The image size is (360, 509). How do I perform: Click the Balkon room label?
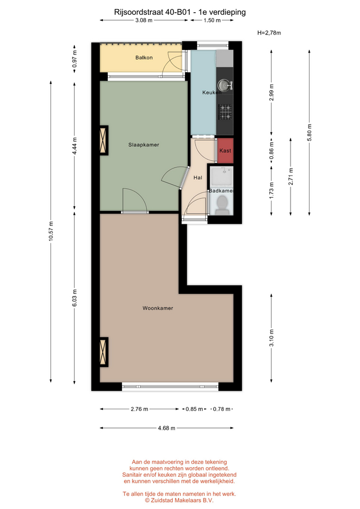(x=144, y=57)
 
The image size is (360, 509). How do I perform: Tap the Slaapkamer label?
(x=144, y=145)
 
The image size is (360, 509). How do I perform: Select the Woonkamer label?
(x=158, y=308)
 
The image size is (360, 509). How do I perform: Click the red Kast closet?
(x=225, y=151)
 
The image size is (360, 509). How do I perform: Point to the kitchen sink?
(x=224, y=85)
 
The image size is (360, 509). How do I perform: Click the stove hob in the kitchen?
(x=225, y=112)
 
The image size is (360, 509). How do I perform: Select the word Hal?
(x=198, y=178)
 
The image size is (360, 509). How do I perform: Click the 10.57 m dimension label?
(x=51, y=231)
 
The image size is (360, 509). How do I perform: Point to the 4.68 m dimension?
(x=166, y=428)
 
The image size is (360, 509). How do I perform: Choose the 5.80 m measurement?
(x=309, y=133)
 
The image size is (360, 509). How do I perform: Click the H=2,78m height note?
(x=269, y=33)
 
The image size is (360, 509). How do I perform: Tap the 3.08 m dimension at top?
(x=144, y=21)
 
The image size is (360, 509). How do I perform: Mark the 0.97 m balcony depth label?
(x=74, y=59)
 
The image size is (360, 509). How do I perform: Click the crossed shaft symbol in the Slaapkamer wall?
(x=103, y=140)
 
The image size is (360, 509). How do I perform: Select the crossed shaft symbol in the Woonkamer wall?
(x=103, y=352)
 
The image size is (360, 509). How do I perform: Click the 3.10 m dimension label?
(x=271, y=338)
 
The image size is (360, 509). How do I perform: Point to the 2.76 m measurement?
(x=139, y=409)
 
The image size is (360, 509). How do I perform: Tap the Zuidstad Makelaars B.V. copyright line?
(x=179, y=501)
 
